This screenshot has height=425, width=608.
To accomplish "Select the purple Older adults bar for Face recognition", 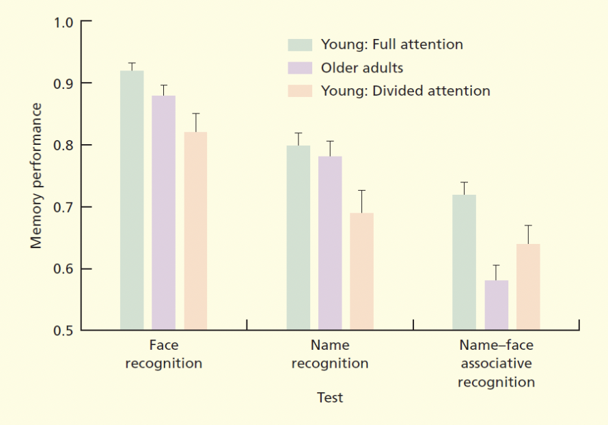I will (163, 212).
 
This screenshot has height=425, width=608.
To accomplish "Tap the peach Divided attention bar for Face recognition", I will (195, 231).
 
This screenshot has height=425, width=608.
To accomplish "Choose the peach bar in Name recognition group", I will (361, 271).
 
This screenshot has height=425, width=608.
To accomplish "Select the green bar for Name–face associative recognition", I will (464, 262).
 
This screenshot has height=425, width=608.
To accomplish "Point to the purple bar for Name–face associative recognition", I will (496, 305).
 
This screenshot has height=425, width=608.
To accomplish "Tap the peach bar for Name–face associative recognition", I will (528, 287).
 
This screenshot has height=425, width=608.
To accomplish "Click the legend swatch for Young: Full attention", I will (299, 45).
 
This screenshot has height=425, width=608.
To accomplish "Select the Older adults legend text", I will (362, 68).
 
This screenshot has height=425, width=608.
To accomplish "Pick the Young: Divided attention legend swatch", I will (299, 91).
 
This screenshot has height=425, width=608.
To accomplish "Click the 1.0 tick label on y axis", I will (63, 22).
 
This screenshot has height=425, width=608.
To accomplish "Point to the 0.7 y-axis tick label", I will (63, 207).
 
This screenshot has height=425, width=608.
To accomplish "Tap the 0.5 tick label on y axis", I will (63, 331).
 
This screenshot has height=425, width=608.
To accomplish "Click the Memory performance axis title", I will (37, 176).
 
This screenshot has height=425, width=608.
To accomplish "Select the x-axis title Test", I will (330, 397).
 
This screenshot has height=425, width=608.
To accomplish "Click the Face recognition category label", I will (163, 354).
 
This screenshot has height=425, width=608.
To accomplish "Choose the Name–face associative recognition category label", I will (496, 364).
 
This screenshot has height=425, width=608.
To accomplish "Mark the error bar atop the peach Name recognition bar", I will (361, 201).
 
